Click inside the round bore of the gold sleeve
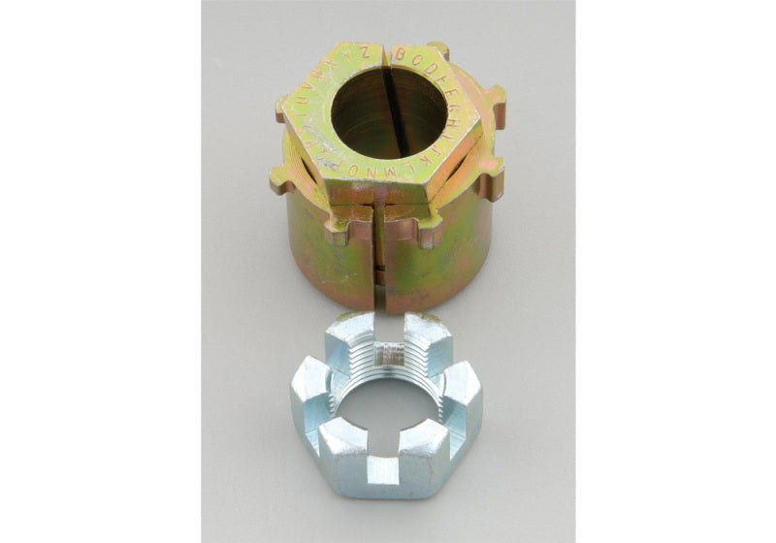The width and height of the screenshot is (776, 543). pos(389,112)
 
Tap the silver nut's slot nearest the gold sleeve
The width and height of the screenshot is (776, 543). pos(388,328)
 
